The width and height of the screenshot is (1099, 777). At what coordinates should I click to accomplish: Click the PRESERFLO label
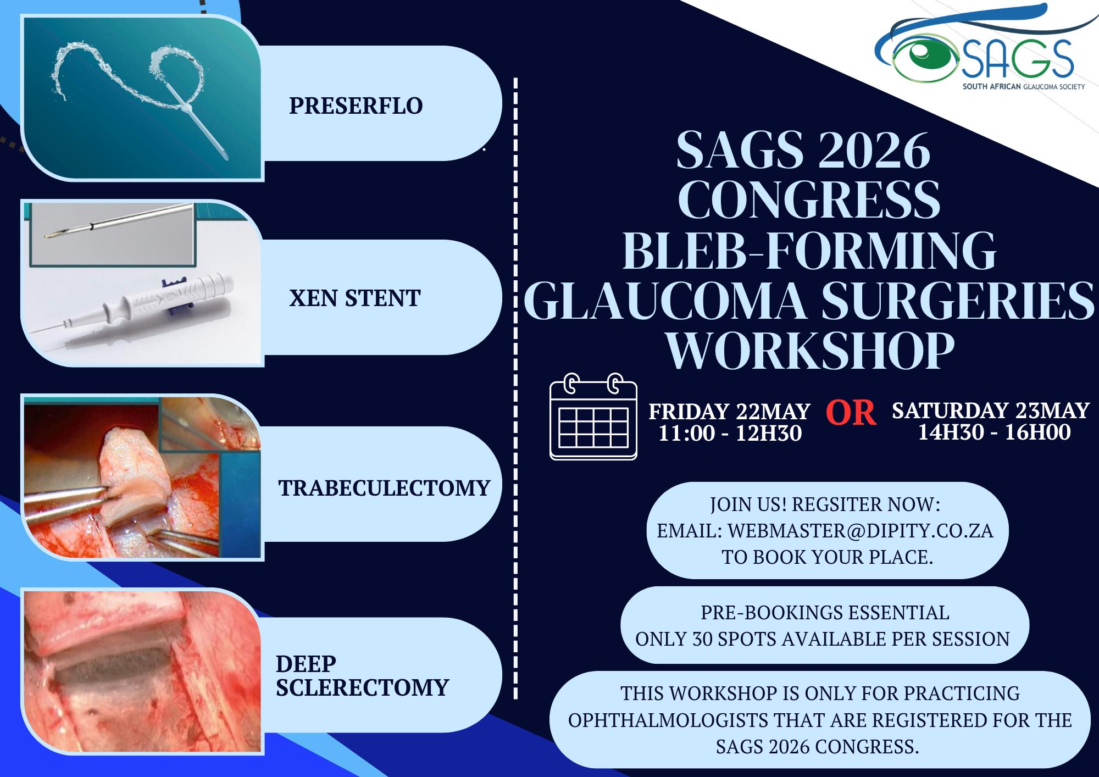coord(356,106)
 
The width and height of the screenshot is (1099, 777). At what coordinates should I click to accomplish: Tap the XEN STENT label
coord(354,298)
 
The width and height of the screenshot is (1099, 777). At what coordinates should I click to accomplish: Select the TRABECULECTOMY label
coord(384,487)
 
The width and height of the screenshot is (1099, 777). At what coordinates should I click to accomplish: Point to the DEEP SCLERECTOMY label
coord(363,675)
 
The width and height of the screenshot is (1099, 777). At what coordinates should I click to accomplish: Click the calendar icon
coord(593,416)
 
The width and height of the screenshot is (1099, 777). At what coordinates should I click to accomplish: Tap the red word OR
coord(851,413)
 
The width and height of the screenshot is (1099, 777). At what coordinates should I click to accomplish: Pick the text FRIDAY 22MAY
coord(729,411)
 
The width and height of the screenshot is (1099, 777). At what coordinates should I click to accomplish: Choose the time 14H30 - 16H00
coord(995,432)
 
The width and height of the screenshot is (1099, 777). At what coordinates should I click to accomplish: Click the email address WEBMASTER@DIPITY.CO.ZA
coord(861,531)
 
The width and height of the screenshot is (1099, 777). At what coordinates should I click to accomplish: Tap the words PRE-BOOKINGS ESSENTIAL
coord(825,612)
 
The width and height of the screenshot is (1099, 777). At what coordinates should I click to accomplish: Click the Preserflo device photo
coord(142,97)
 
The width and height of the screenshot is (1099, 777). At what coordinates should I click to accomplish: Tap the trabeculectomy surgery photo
coord(142,476)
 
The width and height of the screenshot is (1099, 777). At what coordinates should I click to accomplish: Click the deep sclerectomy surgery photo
coord(142,670)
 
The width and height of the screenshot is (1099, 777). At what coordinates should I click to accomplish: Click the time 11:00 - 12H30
coord(730,433)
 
